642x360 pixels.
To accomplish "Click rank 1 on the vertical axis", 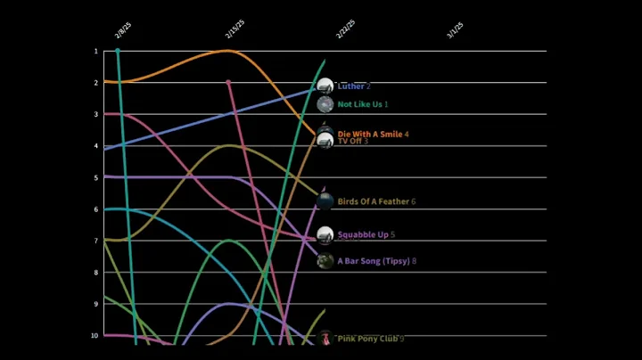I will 95,51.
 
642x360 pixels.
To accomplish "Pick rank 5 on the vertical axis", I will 95,177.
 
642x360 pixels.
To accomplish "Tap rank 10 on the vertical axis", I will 95,336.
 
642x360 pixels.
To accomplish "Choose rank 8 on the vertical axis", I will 95,273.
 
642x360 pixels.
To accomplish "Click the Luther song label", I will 351,86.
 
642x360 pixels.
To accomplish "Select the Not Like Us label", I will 360,104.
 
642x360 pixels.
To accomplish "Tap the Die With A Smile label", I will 370,134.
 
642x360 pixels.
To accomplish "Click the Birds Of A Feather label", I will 374,201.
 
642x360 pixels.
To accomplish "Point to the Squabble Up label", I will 363,234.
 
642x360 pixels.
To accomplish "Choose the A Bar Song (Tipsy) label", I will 374,261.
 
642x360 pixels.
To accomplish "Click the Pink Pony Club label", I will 367,339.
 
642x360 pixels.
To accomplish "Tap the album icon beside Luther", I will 325,86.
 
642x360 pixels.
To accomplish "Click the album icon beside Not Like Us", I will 325,104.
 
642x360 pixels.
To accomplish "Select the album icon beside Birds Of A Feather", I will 325,201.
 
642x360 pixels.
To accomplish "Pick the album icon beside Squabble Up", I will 325,235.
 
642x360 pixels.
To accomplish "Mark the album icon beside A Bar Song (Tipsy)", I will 325,261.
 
